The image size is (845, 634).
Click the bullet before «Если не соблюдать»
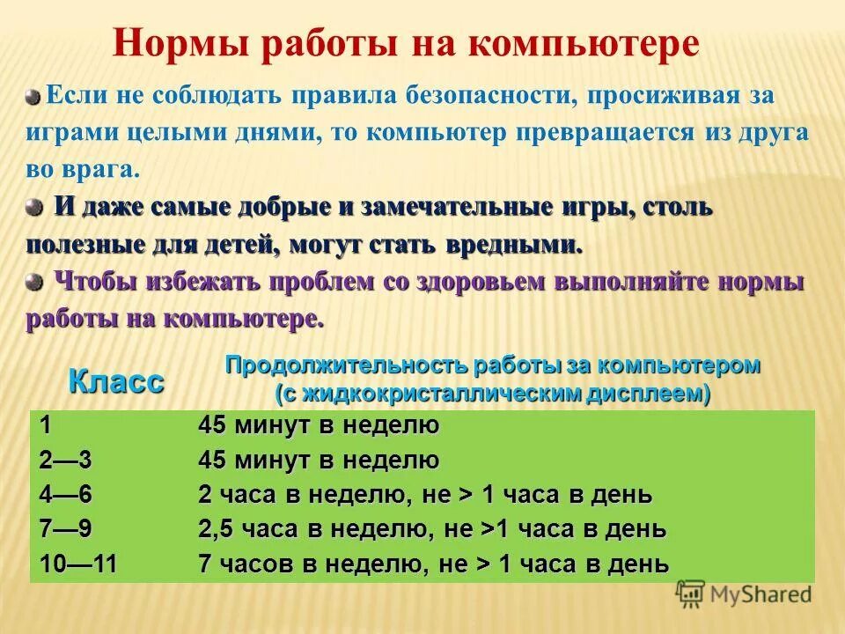[33, 95]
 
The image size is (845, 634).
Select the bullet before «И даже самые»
[33, 208]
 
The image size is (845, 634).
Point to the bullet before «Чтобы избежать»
[33, 282]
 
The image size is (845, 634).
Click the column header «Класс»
[116, 381]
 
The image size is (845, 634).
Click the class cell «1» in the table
[44, 425]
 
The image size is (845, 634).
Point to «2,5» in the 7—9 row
[216, 529]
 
